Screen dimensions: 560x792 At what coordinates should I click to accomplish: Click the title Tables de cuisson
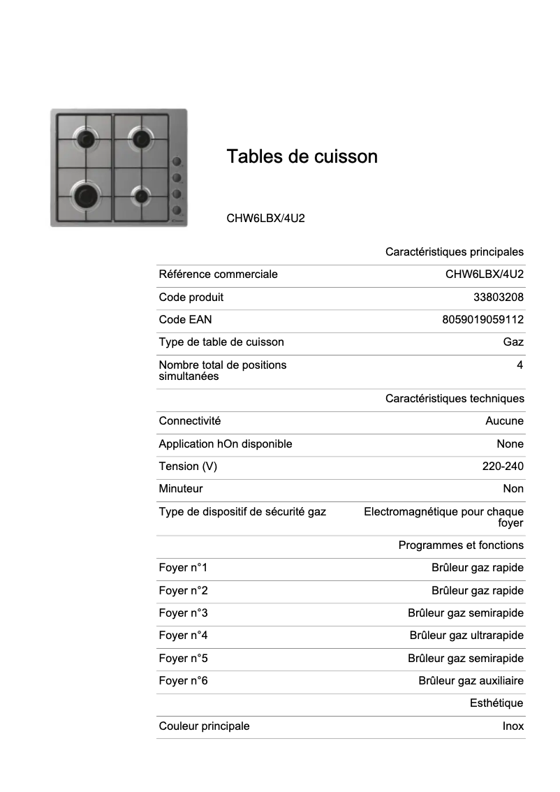point(302,156)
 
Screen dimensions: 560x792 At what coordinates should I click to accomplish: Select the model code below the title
point(265,218)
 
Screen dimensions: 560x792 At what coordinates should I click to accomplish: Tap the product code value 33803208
point(498,298)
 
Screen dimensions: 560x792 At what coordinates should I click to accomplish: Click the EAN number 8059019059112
point(482,320)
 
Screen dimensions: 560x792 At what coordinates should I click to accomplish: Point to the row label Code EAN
point(185,320)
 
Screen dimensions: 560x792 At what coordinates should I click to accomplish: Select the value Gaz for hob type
point(513,342)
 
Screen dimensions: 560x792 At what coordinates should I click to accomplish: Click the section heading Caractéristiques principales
point(454,252)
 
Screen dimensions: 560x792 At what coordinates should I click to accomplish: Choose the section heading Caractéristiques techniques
point(454,399)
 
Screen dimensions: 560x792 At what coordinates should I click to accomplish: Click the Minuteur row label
point(180,489)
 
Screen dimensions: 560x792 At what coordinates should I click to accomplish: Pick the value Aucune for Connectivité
point(504,421)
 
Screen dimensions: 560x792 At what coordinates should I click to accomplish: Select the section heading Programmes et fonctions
point(461,545)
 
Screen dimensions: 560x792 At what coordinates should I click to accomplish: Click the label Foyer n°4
point(183,636)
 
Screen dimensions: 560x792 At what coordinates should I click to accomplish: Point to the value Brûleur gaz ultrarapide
point(466,636)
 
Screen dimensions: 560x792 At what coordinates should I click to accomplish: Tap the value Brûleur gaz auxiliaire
point(471,681)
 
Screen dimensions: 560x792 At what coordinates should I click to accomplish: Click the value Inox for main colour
point(513,726)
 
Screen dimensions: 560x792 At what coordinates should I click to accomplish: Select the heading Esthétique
point(496,703)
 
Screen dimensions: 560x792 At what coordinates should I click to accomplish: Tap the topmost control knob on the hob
point(177,161)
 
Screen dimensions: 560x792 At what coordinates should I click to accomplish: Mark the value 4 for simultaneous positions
point(520,365)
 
